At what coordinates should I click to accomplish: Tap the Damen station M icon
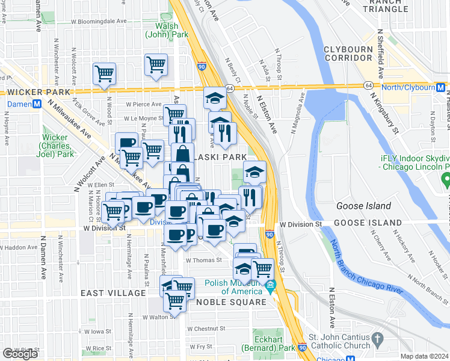coord(37,103)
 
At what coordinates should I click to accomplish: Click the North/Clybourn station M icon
coord(441,88)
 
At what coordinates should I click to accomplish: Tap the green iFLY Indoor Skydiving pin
coord(445,179)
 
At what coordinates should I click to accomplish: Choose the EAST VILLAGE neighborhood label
coord(114,293)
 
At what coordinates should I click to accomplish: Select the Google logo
coord(20,354)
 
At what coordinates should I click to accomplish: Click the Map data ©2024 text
coord(424,356)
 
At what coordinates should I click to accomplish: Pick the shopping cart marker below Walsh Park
coord(156,64)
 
